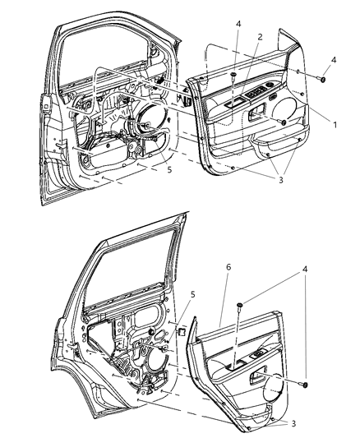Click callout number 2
260,37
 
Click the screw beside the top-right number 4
323,81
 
